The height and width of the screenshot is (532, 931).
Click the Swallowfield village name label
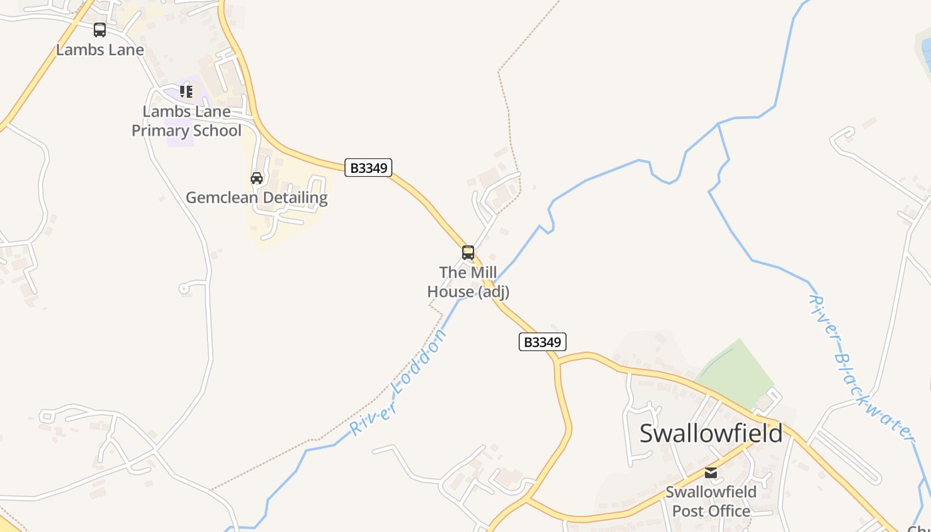pyautogui.click(x=711, y=433)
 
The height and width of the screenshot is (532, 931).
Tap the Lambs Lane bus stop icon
pyautogui.click(x=100, y=30)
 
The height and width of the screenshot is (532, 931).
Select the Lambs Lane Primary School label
pyautogui.click(x=186, y=121)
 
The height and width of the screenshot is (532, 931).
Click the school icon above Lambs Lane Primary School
pyautogui.click(x=186, y=92)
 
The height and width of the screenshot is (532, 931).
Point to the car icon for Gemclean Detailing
pyautogui.click(x=257, y=178)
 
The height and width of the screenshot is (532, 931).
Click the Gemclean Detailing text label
pyautogui.click(x=257, y=198)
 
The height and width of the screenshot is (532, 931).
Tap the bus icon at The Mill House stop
pyautogui.click(x=468, y=253)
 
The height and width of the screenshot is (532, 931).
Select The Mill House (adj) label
pyautogui.click(x=468, y=282)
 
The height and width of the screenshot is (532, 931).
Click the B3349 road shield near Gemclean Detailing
pyautogui.click(x=368, y=168)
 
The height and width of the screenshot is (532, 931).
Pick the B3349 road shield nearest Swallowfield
pyautogui.click(x=542, y=342)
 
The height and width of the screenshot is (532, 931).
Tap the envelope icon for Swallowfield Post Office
pyautogui.click(x=711, y=473)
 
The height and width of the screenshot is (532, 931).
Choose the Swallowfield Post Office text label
pyautogui.click(x=711, y=501)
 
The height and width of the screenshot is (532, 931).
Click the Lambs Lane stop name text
pyautogui.click(x=100, y=50)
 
